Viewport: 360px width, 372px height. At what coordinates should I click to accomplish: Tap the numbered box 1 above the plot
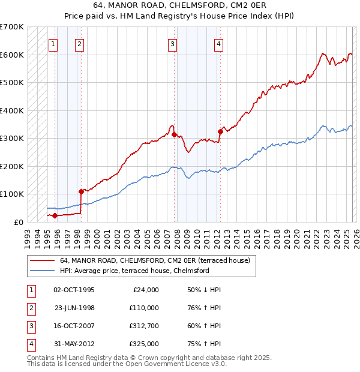click(x=54, y=43)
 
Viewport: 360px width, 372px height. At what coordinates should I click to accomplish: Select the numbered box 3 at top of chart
click(x=172, y=43)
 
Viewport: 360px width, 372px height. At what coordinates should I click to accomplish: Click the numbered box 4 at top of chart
click(x=218, y=43)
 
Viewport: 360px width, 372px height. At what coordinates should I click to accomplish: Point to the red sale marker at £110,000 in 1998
click(x=81, y=191)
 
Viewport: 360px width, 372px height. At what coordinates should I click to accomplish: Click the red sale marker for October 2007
click(x=175, y=135)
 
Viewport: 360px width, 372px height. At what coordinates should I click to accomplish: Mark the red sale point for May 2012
click(x=220, y=131)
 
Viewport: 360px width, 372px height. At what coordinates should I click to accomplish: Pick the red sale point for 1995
click(x=55, y=215)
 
